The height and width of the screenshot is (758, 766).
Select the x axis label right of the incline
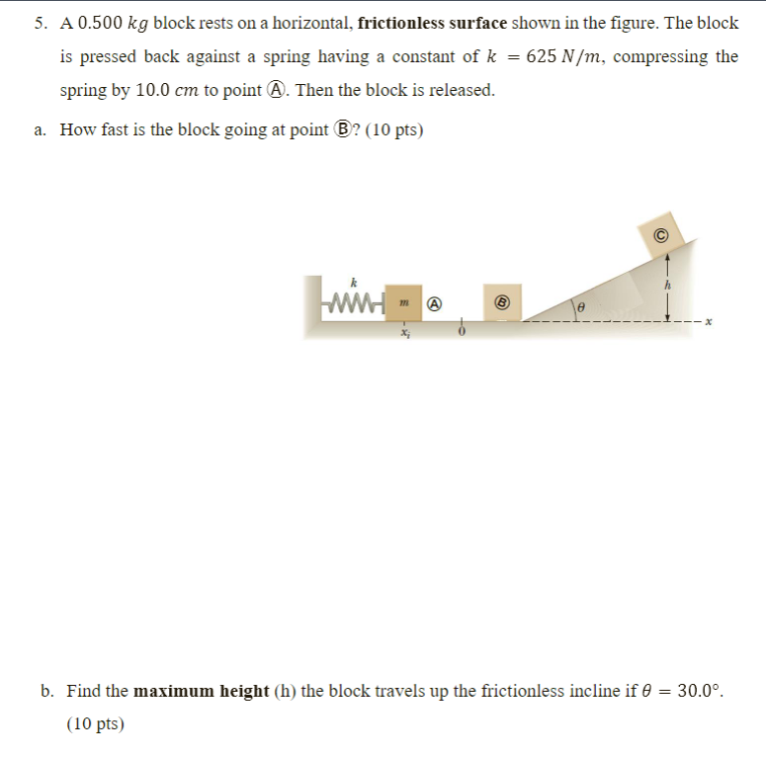coord(708,321)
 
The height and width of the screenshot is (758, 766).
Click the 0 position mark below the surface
coord(460,333)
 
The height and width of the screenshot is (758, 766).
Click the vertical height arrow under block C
coord(668,287)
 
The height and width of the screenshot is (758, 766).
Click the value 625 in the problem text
coord(545,56)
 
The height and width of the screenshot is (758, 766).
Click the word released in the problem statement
coord(458,90)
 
